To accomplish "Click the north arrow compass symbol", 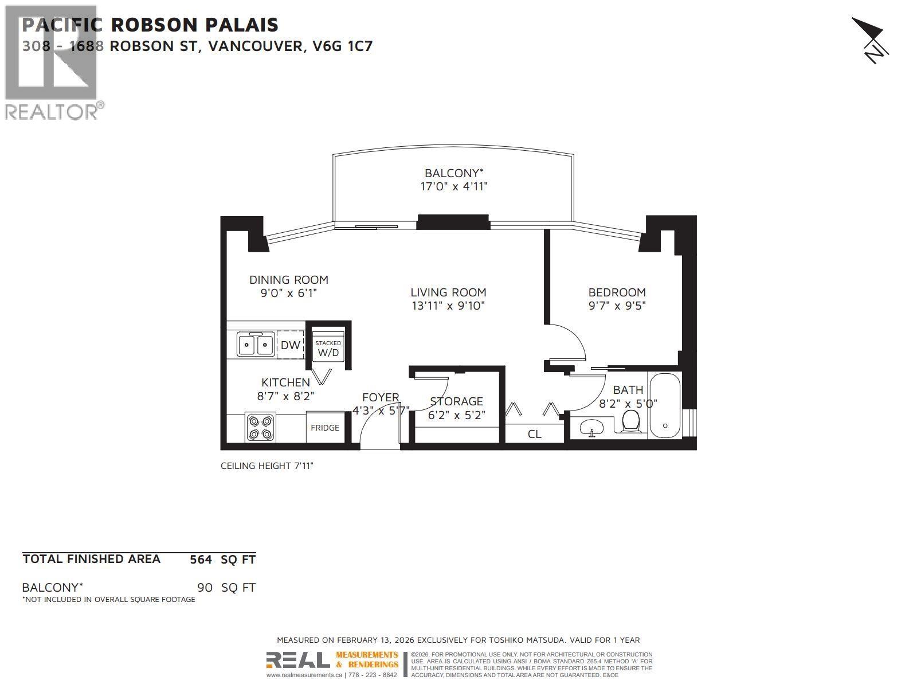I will coord(871,40).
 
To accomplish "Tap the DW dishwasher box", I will coord(291,345).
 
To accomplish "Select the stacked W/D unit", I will coord(328,347).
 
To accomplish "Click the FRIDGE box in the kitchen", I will coord(325,427).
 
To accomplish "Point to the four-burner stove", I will coord(260,427).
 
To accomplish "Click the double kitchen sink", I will coord(256,345).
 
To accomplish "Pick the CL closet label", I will coord(534,434).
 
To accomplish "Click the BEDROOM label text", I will coord(617,292).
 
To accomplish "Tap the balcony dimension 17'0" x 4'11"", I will coord(454,186).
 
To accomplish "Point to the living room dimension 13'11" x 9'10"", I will coord(448,306).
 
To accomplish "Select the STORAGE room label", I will coord(456,401).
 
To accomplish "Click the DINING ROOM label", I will coord(288,280).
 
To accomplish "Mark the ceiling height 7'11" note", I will coord(267,466).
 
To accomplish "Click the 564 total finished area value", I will coord(201,560).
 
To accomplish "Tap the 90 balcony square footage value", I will coord(205,588).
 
